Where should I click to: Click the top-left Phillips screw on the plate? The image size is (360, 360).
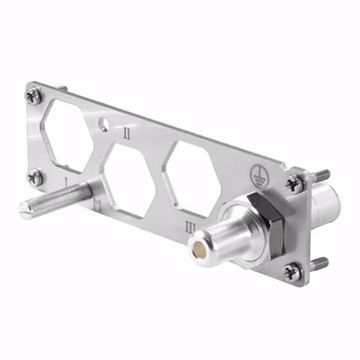point(34,97)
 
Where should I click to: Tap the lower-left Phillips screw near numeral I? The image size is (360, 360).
point(35,178)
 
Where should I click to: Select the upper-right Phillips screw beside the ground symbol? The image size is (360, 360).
point(294,183)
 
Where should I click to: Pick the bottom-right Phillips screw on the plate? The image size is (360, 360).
point(291,272)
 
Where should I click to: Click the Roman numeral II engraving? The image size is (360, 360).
point(128,133)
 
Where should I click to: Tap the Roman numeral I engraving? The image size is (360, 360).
point(66,182)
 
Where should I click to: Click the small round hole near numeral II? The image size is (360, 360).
point(103,124)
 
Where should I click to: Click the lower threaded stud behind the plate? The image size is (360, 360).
point(319,263)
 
